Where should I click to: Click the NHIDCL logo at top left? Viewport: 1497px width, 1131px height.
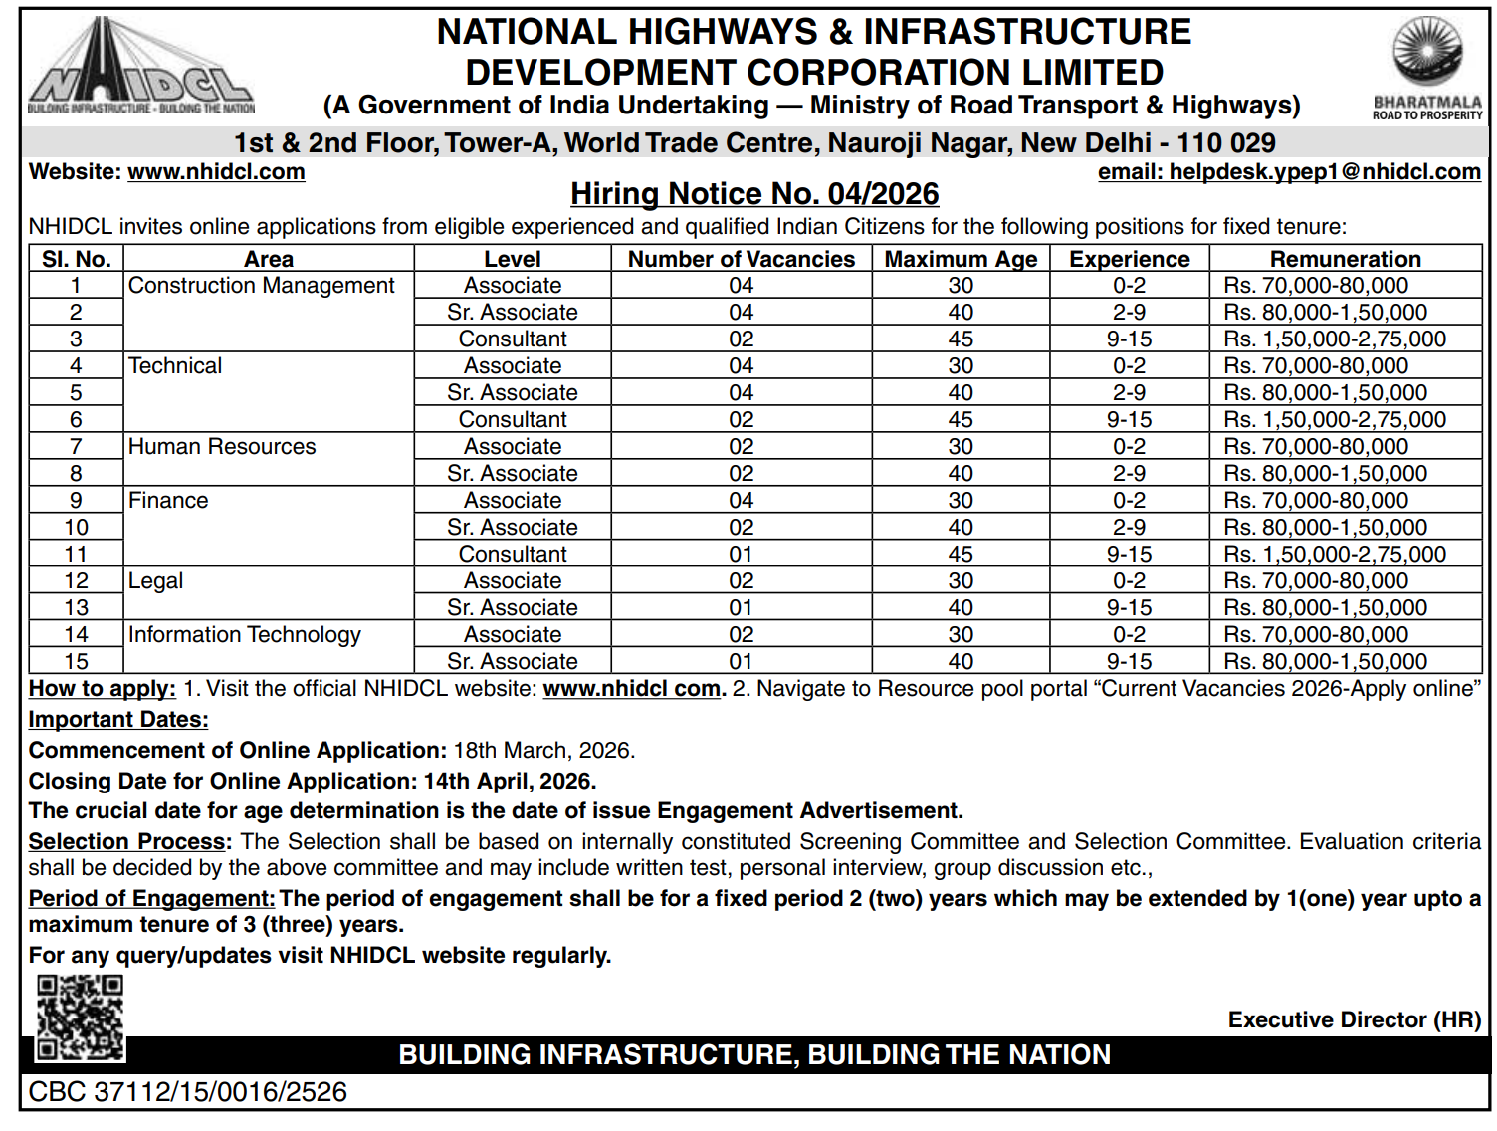[140, 69]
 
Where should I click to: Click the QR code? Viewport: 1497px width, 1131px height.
[81, 1017]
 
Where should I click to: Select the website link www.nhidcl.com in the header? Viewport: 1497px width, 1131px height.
[216, 172]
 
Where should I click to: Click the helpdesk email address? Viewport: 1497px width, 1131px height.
[1289, 172]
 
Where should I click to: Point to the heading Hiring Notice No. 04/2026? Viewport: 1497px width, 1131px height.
[754, 194]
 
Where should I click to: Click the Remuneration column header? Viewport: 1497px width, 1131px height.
[1345, 259]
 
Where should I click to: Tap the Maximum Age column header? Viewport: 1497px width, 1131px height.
[961, 259]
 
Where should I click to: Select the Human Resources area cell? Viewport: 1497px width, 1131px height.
[222, 447]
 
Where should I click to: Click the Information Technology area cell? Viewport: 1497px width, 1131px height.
[245, 635]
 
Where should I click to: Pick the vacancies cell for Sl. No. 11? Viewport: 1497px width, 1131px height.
[741, 555]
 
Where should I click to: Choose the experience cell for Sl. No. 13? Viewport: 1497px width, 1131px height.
[1129, 608]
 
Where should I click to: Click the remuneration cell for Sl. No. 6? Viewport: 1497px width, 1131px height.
[1335, 420]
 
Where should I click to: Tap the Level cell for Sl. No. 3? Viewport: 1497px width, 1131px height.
[513, 339]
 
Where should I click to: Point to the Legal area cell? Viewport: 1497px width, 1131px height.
[156, 581]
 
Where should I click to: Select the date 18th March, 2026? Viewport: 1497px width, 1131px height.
[543, 751]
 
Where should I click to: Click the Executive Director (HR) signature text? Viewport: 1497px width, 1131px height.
[1354, 1020]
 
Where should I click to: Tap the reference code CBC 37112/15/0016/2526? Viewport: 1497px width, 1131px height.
[188, 1092]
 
